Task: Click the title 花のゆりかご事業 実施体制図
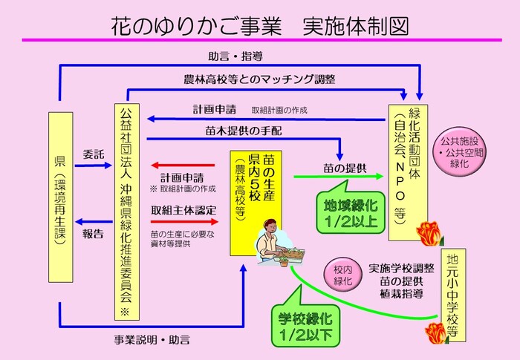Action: [x=260, y=22]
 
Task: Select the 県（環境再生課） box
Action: [x=59, y=196]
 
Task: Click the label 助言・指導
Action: [x=235, y=56]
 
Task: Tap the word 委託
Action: [x=93, y=157]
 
